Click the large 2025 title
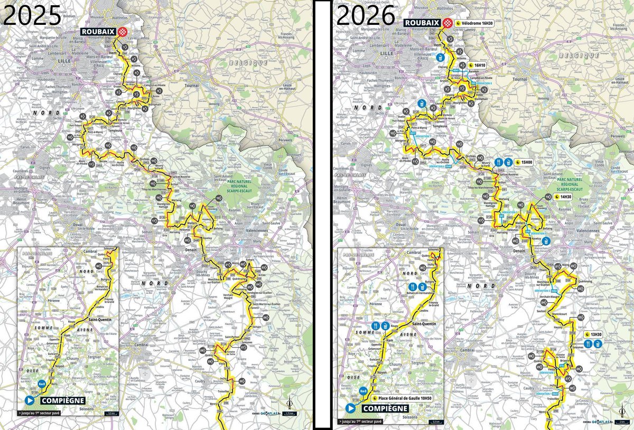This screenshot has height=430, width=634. click(x=31, y=15)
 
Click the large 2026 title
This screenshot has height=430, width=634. click(x=366, y=15)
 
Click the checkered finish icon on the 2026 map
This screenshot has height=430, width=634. click(x=449, y=23)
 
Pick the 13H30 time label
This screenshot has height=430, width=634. click(x=599, y=335)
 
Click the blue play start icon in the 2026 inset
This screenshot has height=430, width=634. click(x=350, y=408)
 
